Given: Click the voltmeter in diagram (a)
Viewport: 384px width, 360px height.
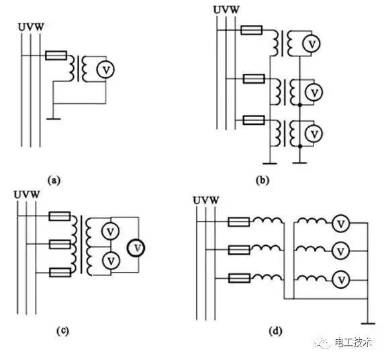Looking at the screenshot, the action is coord(105,70).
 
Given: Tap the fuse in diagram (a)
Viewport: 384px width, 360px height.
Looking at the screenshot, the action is coord(56,55).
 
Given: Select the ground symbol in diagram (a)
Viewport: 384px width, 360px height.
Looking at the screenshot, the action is coord(54,119).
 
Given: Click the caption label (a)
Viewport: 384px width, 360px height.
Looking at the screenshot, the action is coord(54,181).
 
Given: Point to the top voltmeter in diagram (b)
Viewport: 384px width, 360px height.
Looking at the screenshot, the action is coord(311,44).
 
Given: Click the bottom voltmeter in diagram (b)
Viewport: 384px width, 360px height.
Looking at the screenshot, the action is coord(314,134).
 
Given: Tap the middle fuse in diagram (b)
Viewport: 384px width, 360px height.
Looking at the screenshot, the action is coord(254,79).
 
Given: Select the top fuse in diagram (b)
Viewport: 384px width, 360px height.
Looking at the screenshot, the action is coord(252,30).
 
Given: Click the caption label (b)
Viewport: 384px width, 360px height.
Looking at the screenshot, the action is coord(262,181).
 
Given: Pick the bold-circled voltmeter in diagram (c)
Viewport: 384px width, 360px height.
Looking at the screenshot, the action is coord(136,248).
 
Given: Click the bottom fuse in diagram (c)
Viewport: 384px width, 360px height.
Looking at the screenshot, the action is coord(60,273).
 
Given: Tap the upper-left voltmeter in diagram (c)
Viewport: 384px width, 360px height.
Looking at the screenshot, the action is coord(111,231).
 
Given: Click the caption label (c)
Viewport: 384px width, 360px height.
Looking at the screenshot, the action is coord(62,331).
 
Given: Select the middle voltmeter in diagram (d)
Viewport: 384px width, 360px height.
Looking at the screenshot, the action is coord(341,251).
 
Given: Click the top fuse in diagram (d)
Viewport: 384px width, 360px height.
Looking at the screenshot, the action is coord(239,222).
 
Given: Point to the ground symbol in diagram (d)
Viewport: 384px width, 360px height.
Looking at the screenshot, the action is coord(368,324).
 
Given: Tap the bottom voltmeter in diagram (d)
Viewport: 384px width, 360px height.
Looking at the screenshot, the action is coord(341,279).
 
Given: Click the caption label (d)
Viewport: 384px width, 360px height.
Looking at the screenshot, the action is coord(275,331).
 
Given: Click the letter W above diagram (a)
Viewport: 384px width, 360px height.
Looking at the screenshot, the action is coord(40,27).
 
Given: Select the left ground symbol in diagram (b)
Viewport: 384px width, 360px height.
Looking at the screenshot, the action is coord(270,163).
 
